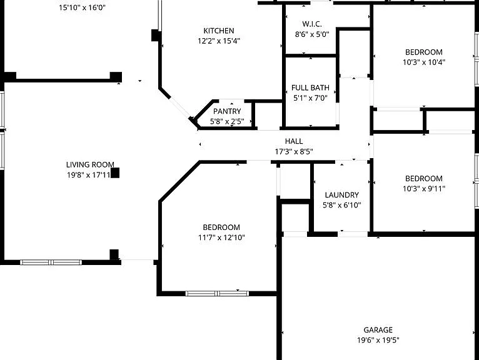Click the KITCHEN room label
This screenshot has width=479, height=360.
[x=219, y=31]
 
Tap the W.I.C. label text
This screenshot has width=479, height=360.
[x=312, y=24]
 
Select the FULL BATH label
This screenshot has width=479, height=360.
[x=310, y=88]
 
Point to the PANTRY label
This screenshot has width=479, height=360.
[x=227, y=111]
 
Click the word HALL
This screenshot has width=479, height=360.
[x=294, y=141]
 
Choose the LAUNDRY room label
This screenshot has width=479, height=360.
[x=342, y=195]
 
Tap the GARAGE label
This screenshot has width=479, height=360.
[x=378, y=330]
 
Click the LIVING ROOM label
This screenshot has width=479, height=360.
[x=90, y=164]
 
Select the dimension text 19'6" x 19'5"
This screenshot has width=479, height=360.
[x=378, y=340]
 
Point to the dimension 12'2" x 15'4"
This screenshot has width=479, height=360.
[x=219, y=41]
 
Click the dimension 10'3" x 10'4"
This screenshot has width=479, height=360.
[x=424, y=62]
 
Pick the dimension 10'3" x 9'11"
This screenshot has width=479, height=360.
[x=424, y=189]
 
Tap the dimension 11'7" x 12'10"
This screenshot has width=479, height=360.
[x=221, y=237]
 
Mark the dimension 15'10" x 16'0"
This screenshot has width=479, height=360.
[x=82, y=7]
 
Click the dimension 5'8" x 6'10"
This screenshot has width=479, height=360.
[x=342, y=205]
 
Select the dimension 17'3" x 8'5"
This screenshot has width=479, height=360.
[x=294, y=151]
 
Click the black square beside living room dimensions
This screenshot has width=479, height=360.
[x=115, y=173]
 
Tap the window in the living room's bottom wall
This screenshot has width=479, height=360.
[x=51, y=262]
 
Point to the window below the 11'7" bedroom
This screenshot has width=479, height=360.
[x=217, y=294]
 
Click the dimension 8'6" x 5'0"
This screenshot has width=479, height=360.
[x=312, y=34]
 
